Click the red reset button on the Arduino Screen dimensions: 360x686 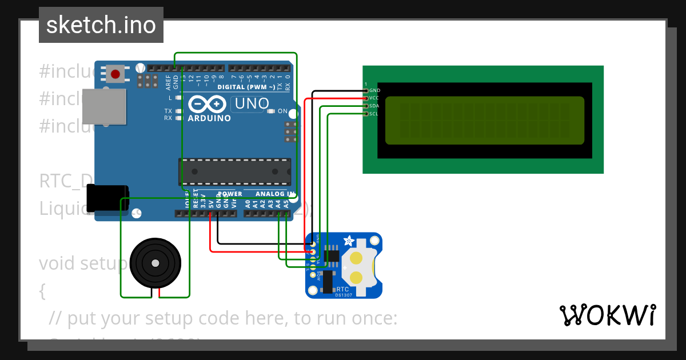coord(115,74)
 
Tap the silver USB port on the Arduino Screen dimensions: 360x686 coord(103,106)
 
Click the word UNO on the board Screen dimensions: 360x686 coord(252,103)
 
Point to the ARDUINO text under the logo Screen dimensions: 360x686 coord(209,118)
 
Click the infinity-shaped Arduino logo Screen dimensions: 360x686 coord(209,105)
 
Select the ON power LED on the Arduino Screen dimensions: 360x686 coord(272,111)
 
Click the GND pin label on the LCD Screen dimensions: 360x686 coord(374,90)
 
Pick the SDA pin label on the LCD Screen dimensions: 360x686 coord(374,106)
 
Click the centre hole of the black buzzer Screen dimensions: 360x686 coord(155,263)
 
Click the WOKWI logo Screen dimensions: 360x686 coord(607,315)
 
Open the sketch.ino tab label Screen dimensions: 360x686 coord(101,25)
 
